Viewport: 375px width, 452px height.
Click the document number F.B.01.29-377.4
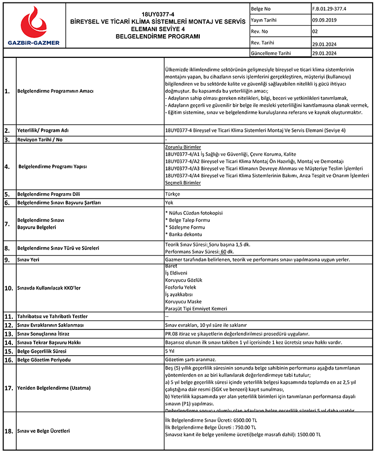point(329,8)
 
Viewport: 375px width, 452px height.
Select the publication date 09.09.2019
point(325,20)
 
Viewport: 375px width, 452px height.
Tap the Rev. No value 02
point(315,32)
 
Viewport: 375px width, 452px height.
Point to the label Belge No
point(261,8)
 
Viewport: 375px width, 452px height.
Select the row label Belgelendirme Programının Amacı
point(55,91)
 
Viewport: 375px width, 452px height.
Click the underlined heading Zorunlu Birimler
point(183,147)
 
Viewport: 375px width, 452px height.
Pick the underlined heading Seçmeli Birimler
point(183,183)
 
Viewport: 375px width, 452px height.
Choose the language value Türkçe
point(173,194)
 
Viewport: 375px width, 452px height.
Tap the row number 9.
point(7,259)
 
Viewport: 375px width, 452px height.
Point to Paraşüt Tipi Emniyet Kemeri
point(196,309)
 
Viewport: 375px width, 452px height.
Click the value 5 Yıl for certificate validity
point(171,351)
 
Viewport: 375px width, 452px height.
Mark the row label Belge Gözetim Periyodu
point(44,360)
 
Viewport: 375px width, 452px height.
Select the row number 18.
point(8,431)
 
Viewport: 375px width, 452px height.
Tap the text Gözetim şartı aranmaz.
point(191,360)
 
